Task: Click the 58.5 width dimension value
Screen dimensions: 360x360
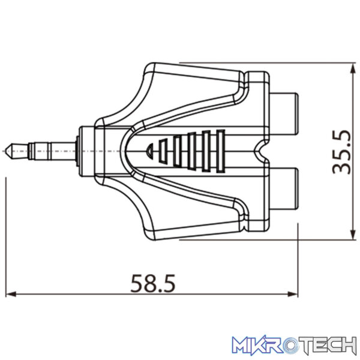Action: click(153, 283)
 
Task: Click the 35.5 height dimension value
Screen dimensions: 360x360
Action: click(342, 152)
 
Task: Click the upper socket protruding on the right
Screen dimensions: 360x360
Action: click(284, 113)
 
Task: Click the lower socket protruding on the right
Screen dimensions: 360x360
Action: click(284, 189)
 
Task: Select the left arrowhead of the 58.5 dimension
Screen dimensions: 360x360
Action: click(11, 294)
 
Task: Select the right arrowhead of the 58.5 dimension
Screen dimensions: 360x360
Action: click(293, 294)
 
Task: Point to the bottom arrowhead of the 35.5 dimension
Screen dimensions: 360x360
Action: click(352, 235)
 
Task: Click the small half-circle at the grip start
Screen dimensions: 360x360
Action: click(149, 151)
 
